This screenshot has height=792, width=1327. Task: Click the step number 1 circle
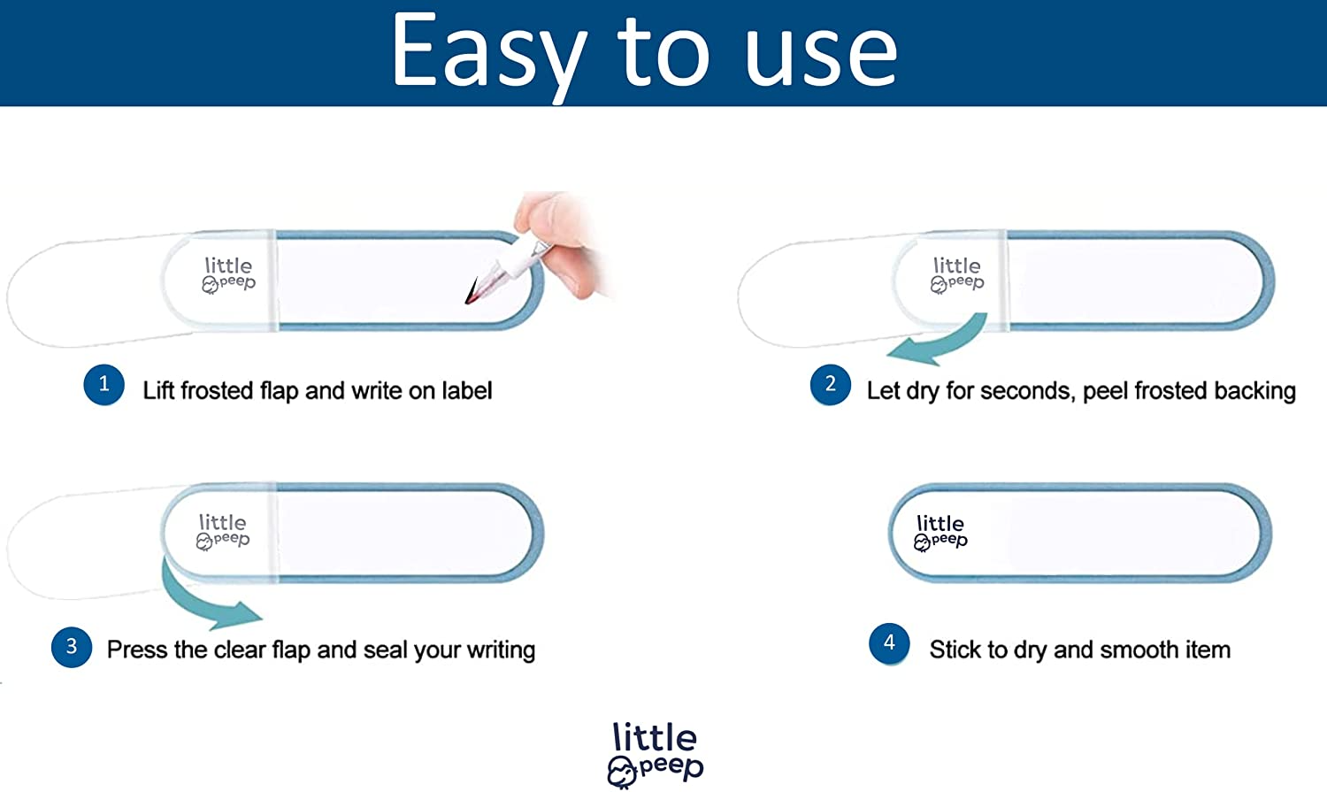(104, 384)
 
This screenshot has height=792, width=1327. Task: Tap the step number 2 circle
(831, 384)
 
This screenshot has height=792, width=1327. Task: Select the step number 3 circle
(72, 647)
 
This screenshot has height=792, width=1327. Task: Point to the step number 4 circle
(889, 643)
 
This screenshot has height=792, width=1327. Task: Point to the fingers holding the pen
(560, 242)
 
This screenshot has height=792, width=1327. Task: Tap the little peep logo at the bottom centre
(655, 754)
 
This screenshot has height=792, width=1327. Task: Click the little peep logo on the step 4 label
(940, 533)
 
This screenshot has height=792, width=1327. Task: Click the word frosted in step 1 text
(218, 391)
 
